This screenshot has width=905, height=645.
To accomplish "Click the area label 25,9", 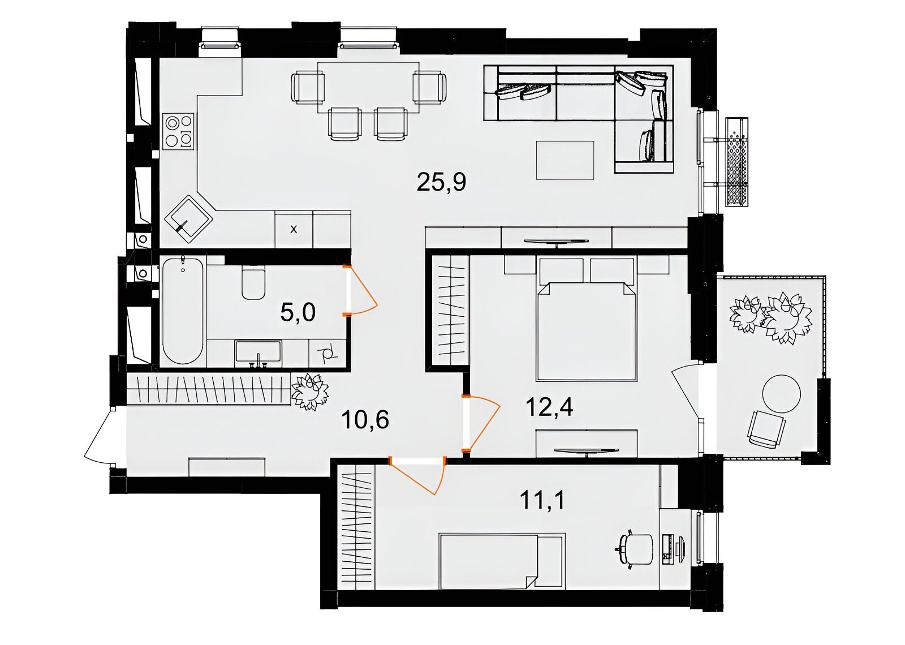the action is click(x=441, y=183).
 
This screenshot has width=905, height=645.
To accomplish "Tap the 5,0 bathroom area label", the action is click(x=298, y=313).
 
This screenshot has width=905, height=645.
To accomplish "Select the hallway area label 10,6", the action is click(x=365, y=419).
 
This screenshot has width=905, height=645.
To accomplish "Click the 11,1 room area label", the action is click(x=542, y=500).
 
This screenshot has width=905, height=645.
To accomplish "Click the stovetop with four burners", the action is click(x=179, y=131).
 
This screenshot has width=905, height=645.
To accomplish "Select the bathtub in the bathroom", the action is click(x=183, y=311).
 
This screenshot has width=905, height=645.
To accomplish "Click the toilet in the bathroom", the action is click(x=253, y=283).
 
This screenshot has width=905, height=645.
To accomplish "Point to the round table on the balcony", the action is click(x=781, y=394).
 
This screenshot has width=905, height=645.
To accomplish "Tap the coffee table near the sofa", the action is click(x=565, y=160).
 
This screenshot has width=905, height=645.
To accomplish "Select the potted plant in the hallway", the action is click(x=309, y=391).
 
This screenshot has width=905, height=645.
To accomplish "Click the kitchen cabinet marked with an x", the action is click(x=294, y=229).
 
